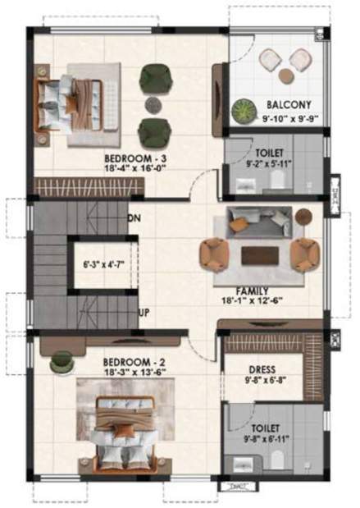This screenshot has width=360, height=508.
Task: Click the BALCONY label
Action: pyautogui.click(x=287, y=105)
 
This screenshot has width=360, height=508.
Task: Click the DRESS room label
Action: pyautogui.click(x=266, y=369)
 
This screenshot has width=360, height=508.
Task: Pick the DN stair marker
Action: pyautogui.click(x=133, y=218)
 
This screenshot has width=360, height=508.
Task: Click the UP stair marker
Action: pyautogui.click(x=143, y=313)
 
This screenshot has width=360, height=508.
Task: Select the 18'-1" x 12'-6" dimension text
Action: pyautogui.click(x=255, y=301)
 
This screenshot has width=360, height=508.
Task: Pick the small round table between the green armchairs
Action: pyautogui.click(x=153, y=104)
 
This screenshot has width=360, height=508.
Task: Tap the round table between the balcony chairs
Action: pyautogui.click(x=285, y=76)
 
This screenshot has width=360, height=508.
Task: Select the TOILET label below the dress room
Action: pyautogui.click(x=266, y=428)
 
